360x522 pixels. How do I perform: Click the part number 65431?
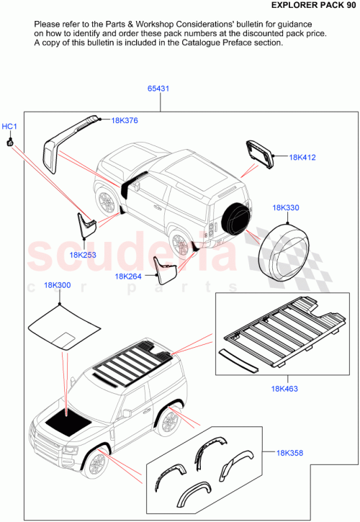158,89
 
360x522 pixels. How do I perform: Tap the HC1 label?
9,127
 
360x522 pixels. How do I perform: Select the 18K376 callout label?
124,121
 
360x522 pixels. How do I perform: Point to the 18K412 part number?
302,157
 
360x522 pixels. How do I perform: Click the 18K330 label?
286,207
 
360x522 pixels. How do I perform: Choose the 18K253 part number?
84,254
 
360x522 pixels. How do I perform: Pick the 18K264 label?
128,276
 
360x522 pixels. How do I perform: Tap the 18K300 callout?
57,285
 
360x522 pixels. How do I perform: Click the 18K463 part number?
286,389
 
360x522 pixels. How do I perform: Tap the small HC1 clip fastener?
10,143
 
